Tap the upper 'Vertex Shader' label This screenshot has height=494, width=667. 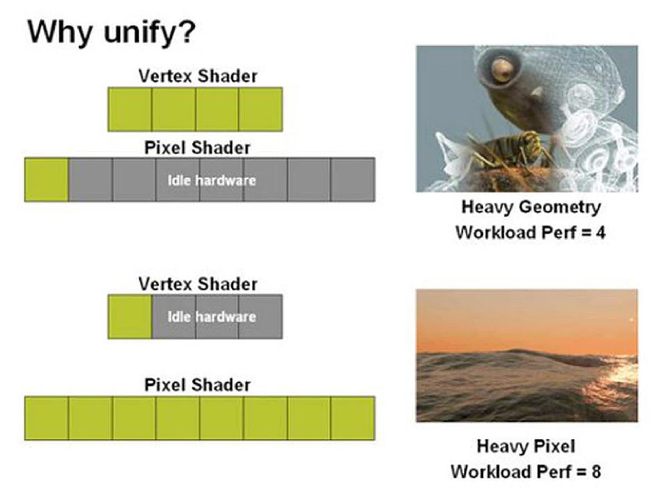(198, 76)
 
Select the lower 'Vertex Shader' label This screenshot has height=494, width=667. (198, 284)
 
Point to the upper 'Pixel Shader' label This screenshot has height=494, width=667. (197, 148)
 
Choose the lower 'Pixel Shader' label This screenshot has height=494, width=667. (197, 385)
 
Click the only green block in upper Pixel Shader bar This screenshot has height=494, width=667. (47, 180)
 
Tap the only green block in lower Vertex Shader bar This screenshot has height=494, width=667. (130, 317)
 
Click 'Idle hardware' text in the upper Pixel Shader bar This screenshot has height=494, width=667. (212, 180)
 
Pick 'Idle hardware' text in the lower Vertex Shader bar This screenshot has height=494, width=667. (212, 317)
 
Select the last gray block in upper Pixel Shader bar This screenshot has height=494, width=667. (353, 180)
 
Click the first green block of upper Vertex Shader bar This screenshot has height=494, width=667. (130, 109)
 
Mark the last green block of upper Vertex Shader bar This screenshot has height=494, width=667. (261, 109)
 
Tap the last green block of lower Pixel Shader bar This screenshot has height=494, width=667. (353, 418)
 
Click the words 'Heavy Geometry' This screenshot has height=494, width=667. (531, 208)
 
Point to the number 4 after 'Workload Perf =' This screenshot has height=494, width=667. (601, 233)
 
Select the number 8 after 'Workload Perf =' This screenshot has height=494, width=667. (596, 472)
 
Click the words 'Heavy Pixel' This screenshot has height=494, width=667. (526, 446)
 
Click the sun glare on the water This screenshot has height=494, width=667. (620, 375)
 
